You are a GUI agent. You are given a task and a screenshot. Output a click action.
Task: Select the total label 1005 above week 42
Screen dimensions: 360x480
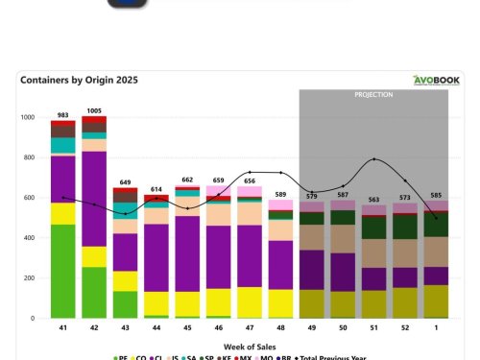click(94, 110)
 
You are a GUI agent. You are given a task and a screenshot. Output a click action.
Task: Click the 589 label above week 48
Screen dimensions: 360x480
click(280, 195)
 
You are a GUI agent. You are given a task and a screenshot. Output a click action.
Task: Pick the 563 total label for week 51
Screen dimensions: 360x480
click(373, 200)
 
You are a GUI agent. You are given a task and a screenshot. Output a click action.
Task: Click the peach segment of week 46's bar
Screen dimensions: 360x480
click(218, 215)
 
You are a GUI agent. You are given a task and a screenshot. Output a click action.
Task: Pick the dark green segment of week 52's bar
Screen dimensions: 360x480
click(404, 227)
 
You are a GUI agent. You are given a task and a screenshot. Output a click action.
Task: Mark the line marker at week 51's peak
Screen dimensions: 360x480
click(374, 159)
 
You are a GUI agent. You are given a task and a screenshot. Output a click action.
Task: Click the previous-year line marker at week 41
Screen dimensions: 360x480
click(63, 197)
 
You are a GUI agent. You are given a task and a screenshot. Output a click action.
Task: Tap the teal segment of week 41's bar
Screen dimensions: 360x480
click(63, 145)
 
